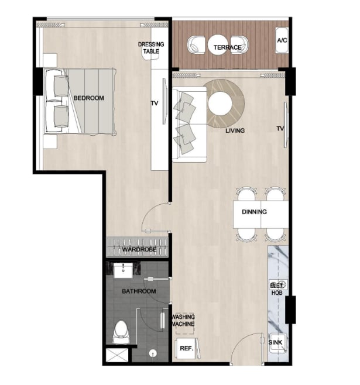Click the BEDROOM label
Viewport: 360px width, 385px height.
(88, 98)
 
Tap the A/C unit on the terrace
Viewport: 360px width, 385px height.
(282, 40)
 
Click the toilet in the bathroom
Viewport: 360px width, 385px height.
(121, 332)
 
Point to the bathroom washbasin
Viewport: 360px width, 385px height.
(123, 270)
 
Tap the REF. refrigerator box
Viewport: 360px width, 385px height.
(187, 348)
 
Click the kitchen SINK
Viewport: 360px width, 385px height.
(277, 343)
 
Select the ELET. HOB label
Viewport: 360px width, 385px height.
(276, 289)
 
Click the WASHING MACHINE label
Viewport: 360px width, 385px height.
(183, 320)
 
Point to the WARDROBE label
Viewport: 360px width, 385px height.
(139, 249)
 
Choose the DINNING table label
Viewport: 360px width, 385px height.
(254, 212)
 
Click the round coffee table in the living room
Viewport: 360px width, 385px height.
(220, 104)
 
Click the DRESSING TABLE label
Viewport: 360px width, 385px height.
(151, 47)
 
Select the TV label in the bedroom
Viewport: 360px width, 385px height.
(155, 104)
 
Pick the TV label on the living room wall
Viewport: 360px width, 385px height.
(280, 128)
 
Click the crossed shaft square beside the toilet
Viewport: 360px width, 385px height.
(117, 355)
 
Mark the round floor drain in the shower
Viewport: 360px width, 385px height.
(153, 353)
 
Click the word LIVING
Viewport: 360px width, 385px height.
(235, 130)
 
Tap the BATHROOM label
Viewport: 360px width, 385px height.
(139, 291)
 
